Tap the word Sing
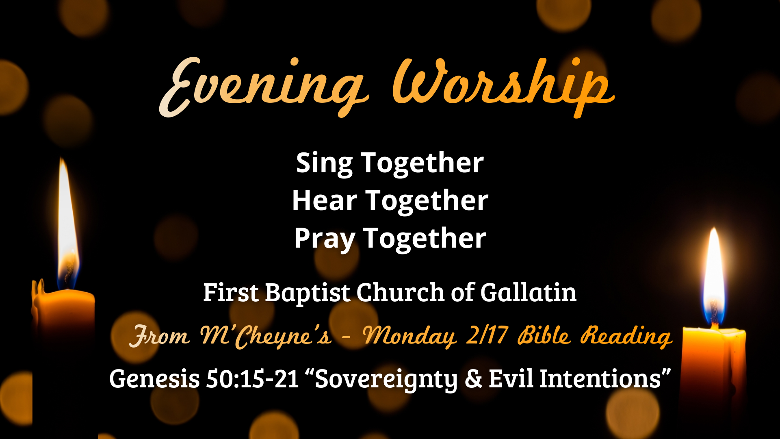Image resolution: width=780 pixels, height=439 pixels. click(324, 163)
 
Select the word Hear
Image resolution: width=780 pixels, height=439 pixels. click(325, 201)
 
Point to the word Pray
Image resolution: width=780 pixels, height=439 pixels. click(324, 239)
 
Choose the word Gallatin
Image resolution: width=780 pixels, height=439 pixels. click(528, 293)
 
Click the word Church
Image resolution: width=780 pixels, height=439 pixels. click(401, 293)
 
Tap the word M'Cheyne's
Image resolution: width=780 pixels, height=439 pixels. click(266, 337)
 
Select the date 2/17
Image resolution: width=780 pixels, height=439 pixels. click(487, 336)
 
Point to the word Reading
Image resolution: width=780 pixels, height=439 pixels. click(626, 337)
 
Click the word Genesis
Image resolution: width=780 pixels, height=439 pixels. click(154, 379)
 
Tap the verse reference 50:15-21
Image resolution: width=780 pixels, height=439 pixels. click(252, 379)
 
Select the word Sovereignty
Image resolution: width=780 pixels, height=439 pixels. click(386, 379)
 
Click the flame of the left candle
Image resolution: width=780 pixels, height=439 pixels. click(67, 228)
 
